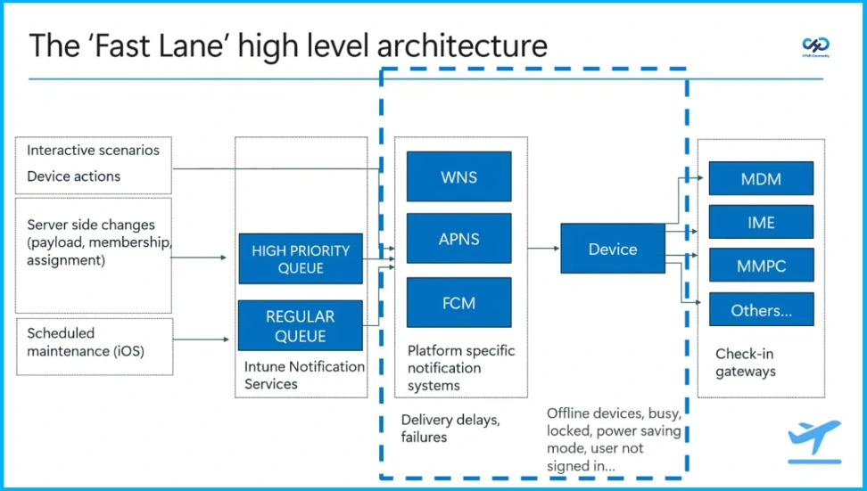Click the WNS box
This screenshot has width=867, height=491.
coord(458,176)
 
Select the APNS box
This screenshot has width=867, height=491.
coord(458,239)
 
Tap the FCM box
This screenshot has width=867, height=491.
coord(458,302)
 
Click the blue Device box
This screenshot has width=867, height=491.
coord(612,249)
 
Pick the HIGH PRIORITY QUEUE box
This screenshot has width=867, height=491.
coord(301,258)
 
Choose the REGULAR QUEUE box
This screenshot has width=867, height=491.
coord(301,325)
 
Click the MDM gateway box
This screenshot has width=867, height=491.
coord(761,178)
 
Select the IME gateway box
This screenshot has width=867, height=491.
coord(761,222)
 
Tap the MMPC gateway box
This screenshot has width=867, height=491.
coord(761,265)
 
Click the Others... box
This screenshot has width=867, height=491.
coord(761,309)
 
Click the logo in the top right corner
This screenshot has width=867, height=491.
coord(815,45)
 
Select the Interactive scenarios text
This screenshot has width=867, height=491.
coord(93,151)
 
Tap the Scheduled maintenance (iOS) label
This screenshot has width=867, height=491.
coord(86,342)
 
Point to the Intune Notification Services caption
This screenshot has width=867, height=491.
coord(304,375)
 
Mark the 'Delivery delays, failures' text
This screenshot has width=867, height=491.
coord(450,429)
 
